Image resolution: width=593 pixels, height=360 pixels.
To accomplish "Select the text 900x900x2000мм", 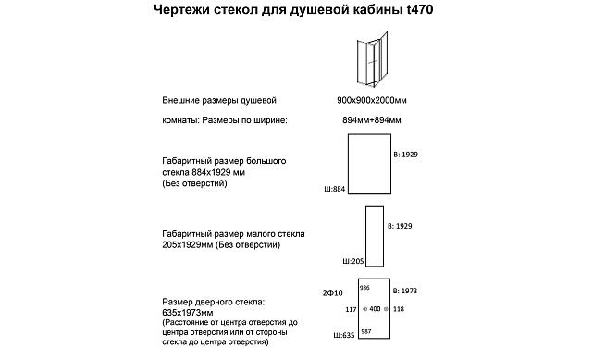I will point(370,100).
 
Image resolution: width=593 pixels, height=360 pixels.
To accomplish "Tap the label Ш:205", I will point(353,261).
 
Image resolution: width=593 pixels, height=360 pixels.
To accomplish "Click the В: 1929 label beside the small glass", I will point(401,226).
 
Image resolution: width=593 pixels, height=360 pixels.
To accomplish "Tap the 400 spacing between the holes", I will point(376,309).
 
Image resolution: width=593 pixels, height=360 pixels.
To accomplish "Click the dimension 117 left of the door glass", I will point(350,309).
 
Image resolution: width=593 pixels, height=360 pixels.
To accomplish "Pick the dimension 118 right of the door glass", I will point(399,309).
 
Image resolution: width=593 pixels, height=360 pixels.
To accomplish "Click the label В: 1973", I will point(406,292).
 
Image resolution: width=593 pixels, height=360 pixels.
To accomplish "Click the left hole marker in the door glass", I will point(364,309).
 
